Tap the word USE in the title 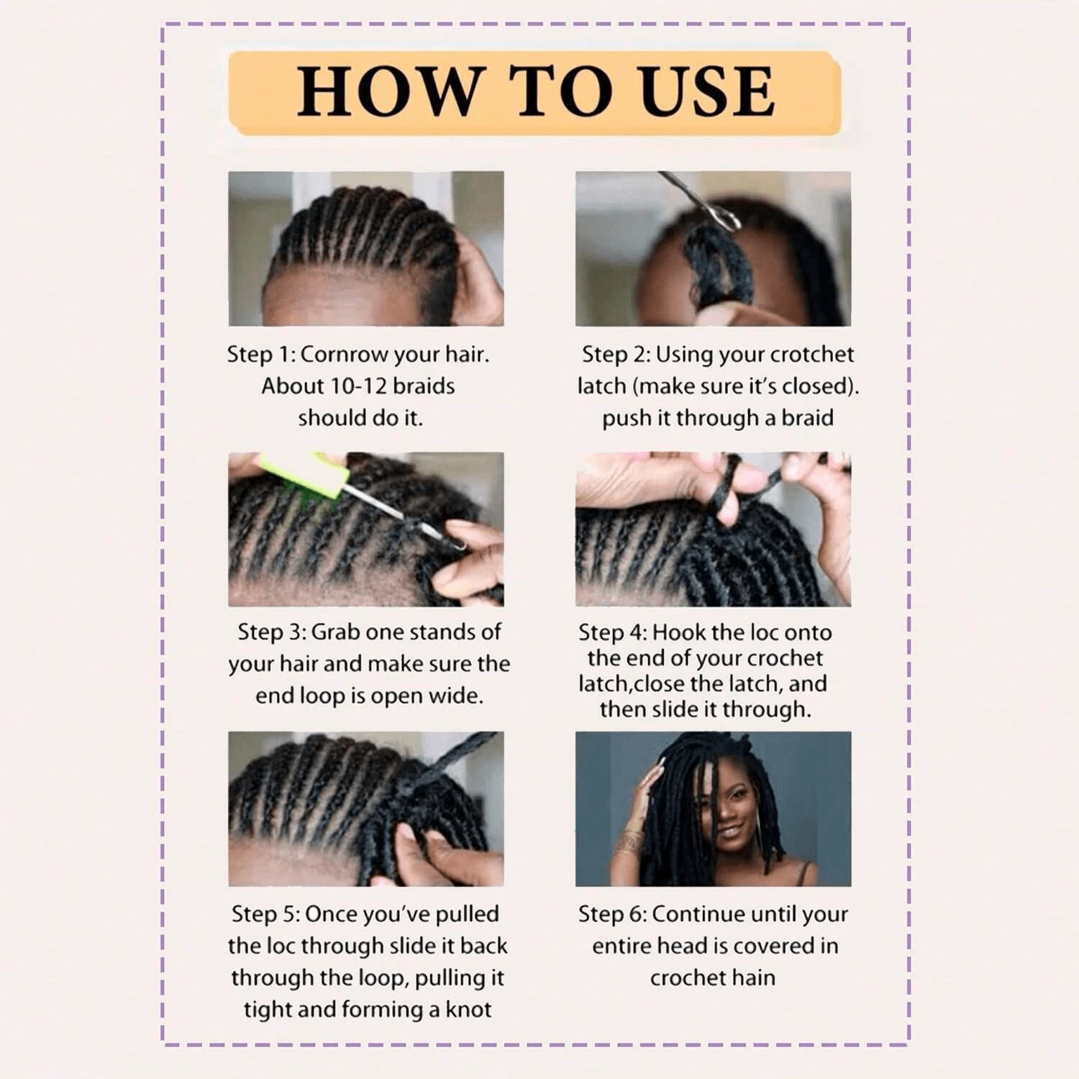click(x=708, y=91)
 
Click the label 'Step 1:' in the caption click(x=260, y=354)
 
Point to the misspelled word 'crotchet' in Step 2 click(x=811, y=354)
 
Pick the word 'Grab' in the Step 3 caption click(x=335, y=632)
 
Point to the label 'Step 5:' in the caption click(x=265, y=914)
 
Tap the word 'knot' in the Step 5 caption click(x=468, y=1009)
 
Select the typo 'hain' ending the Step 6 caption click(x=754, y=978)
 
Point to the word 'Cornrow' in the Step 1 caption click(x=334, y=354)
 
